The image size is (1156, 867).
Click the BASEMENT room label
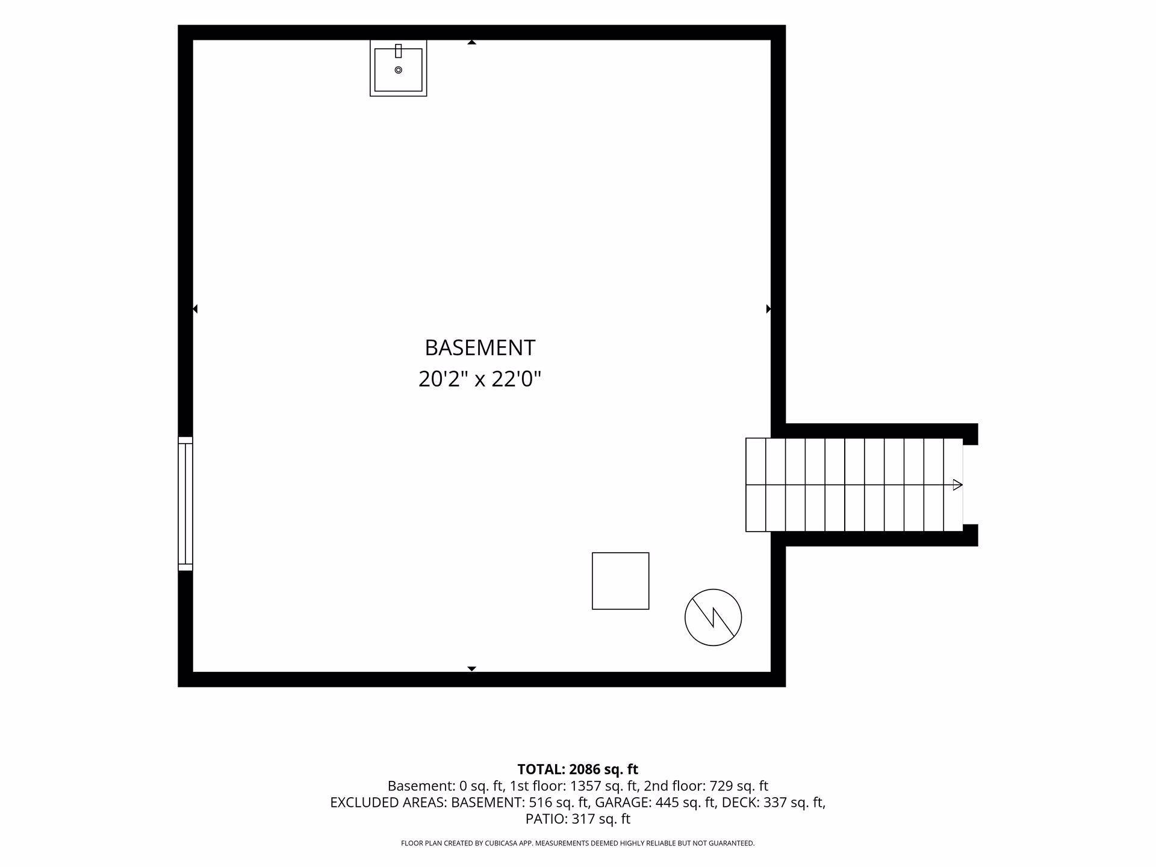pyautogui.click(x=480, y=348)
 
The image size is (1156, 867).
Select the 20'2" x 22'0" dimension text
pyautogui.click(x=480, y=379)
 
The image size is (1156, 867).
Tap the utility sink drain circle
pyautogui.click(x=398, y=70)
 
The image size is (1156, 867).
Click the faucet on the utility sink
pyautogui.click(x=398, y=51)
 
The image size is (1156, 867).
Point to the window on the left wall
pyautogui.click(x=185, y=503)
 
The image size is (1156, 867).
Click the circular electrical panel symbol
pyautogui.click(x=713, y=617)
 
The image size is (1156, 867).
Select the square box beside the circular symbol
pyautogui.click(x=620, y=581)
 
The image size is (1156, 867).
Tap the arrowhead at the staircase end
pyautogui.click(x=957, y=485)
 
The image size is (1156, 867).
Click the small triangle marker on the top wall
pyautogui.click(x=472, y=42)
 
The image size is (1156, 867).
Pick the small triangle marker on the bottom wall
pyautogui.click(x=472, y=669)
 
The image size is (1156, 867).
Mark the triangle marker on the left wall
pyautogui.click(x=195, y=309)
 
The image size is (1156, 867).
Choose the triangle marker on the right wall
pyautogui.click(x=768, y=309)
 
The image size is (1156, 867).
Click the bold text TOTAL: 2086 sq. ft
pyautogui.click(x=578, y=769)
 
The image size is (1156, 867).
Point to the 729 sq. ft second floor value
pyautogui.click(x=738, y=786)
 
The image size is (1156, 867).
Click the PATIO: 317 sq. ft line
pyautogui.click(x=578, y=819)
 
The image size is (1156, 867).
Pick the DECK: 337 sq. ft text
pyautogui.click(x=774, y=803)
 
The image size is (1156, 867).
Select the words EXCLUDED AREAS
pyautogui.click(x=388, y=803)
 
